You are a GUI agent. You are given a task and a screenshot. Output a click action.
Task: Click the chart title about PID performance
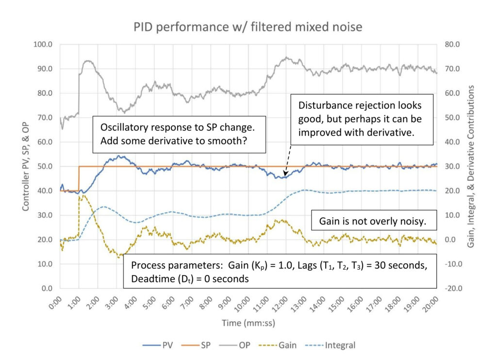[x=248, y=27]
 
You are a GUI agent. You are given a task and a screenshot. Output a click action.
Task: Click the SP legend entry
[x=196, y=345]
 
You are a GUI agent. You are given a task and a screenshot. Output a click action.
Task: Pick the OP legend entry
[x=234, y=345]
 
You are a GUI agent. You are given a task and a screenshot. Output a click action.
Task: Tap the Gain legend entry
[x=278, y=345]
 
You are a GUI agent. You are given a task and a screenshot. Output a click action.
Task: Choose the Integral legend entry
[x=330, y=345]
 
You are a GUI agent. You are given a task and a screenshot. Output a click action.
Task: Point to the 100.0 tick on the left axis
[x=43, y=44]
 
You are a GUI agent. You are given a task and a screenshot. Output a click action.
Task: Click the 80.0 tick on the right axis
[x=452, y=44]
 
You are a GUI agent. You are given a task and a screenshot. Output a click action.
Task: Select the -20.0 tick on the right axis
[x=454, y=288]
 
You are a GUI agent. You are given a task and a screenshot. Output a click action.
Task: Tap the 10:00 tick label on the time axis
[x=242, y=305]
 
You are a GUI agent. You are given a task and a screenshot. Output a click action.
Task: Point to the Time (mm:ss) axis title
[x=248, y=323]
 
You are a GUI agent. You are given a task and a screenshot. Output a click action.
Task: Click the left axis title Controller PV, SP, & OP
[x=26, y=167]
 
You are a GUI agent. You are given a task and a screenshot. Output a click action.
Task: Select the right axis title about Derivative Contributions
[x=471, y=166]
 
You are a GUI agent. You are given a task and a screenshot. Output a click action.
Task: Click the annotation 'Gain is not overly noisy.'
[x=373, y=221]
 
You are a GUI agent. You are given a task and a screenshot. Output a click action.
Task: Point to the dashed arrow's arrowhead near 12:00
[x=285, y=174]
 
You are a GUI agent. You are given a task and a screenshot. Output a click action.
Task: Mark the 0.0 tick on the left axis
[x=47, y=288]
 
